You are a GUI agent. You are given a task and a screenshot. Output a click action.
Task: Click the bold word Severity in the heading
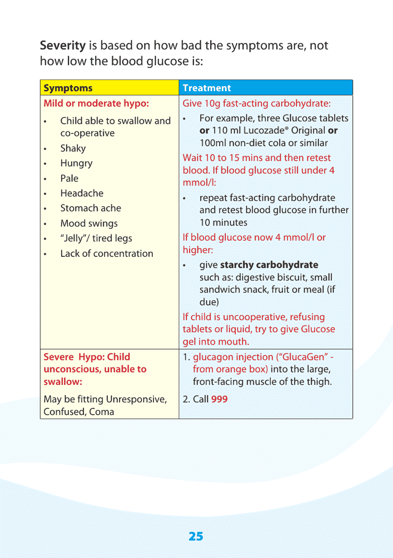click(62, 46)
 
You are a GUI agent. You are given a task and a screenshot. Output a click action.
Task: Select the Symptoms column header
click(68, 88)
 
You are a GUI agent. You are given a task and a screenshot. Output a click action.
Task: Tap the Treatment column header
click(206, 88)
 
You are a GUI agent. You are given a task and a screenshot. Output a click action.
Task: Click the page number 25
click(196, 536)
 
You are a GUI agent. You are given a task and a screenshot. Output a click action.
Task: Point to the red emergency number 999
click(219, 399)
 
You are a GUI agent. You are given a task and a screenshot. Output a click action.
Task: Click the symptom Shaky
click(73, 148)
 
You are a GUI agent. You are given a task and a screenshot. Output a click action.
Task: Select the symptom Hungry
click(76, 163)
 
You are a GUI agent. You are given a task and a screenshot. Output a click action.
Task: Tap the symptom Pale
click(69, 178)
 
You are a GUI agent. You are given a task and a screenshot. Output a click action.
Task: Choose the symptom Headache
click(81, 193)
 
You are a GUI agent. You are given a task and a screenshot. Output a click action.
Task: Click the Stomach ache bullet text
click(91, 208)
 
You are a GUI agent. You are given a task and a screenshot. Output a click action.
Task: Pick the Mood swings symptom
click(89, 223)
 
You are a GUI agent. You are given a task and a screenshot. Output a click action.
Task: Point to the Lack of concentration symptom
click(106, 254)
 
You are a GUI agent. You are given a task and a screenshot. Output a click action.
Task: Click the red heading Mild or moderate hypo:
click(96, 103)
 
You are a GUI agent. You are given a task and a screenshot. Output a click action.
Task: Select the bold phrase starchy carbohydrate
click(269, 265)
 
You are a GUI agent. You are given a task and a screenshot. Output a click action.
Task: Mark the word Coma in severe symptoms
click(101, 412)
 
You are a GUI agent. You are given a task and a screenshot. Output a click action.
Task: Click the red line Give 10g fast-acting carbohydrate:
click(256, 103)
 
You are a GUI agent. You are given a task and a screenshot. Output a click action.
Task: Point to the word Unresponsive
click(136, 399)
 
